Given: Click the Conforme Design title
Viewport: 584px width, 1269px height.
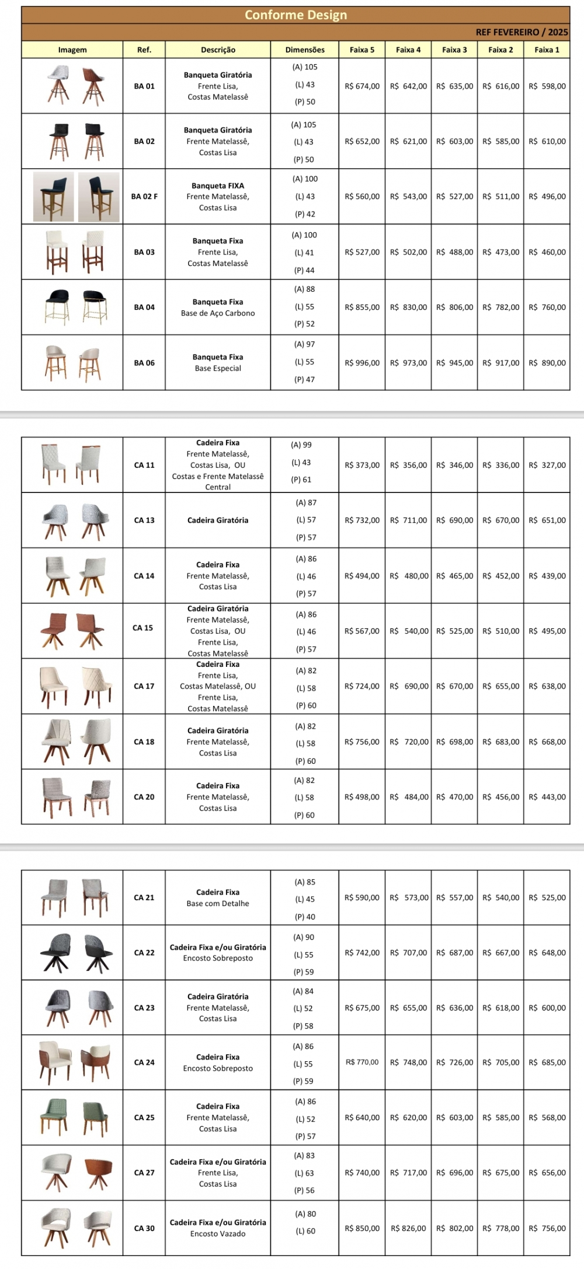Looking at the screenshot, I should click(296, 15).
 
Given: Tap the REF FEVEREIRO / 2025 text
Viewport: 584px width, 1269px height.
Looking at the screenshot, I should click(522, 33).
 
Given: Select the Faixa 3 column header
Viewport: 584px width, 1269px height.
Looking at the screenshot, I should click(454, 50).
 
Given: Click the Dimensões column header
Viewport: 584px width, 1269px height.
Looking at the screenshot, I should click(305, 50).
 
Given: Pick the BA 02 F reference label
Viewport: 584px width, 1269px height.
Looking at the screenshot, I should click(144, 197).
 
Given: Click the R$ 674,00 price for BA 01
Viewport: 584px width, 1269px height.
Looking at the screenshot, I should click(362, 86).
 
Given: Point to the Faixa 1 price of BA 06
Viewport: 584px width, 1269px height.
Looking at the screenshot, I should click(547, 363).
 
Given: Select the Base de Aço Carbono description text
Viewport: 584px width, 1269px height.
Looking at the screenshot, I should click(218, 313).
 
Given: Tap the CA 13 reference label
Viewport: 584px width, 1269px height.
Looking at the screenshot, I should click(144, 520).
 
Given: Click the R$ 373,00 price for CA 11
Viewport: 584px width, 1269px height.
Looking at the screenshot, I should click(362, 466).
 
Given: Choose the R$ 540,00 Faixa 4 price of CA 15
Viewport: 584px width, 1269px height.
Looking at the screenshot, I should click(409, 631).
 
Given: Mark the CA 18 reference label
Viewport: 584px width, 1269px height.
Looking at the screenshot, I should click(144, 742).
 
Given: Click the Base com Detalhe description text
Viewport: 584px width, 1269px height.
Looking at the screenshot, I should click(218, 904).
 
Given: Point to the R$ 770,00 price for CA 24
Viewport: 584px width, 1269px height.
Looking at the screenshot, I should click(362, 1062).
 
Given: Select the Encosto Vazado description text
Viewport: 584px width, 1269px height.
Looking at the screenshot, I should click(218, 1234).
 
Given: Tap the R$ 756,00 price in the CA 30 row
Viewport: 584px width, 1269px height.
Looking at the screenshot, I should click(547, 1229).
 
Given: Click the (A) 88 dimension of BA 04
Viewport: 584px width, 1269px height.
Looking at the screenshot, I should click(304, 289).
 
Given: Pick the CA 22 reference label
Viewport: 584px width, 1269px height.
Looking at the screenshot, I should click(144, 953).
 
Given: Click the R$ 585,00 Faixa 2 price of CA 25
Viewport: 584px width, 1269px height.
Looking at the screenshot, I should click(501, 1118).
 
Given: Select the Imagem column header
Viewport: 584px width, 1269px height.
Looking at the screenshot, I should click(72, 50).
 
